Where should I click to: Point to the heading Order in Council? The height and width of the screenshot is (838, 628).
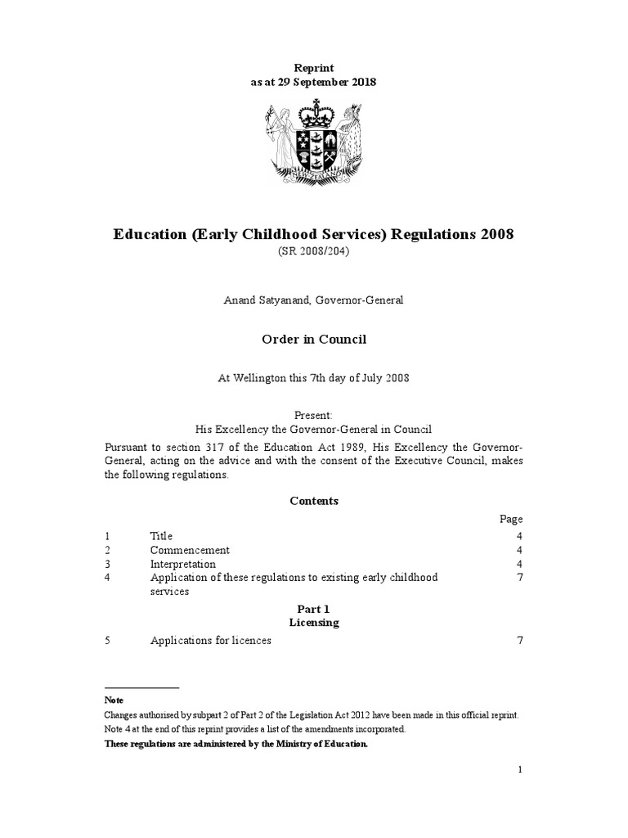point(313,338)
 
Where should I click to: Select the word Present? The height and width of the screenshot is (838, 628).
point(313,415)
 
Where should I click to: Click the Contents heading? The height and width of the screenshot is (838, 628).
point(313,501)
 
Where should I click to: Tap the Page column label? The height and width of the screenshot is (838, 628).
point(511,519)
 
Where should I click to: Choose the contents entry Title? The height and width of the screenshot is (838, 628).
point(161,536)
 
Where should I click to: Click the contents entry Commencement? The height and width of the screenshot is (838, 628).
point(190,550)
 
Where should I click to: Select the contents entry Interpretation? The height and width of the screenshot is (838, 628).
point(183,564)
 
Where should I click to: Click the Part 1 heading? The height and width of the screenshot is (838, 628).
point(313,609)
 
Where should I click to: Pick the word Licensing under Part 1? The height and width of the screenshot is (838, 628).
point(313,623)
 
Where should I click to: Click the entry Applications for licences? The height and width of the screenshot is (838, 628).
point(210,641)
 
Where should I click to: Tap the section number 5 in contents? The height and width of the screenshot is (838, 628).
point(108,641)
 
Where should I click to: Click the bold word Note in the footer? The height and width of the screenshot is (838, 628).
point(114,701)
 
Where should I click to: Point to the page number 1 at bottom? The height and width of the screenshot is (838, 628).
point(519,769)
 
